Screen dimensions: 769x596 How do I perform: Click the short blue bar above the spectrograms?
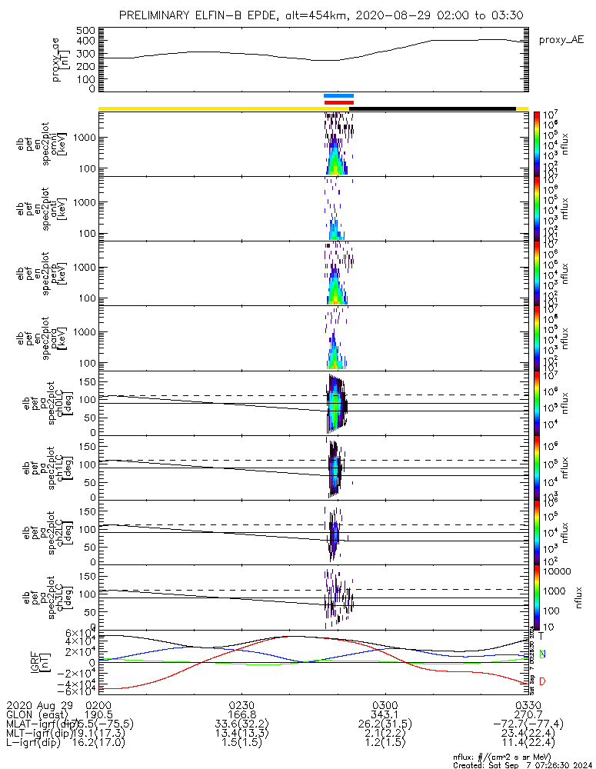(x=339, y=96)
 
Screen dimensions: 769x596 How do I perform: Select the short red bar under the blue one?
(x=339, y=102)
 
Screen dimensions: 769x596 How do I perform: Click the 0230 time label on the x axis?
(x=241, y=704)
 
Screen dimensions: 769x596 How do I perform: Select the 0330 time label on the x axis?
(x=527, y=704)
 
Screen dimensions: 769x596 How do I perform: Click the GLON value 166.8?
(x=241, y=714)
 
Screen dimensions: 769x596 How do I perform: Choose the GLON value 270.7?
(x=527, y=714)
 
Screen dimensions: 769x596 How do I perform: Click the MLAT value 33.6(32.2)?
(x=241, y=724)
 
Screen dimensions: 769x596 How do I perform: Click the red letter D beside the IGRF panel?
(x=541, y=681)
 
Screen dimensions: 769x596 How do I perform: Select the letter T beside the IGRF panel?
(x=541, y=636)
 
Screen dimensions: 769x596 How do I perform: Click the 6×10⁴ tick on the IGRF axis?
(x=78, y=633)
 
